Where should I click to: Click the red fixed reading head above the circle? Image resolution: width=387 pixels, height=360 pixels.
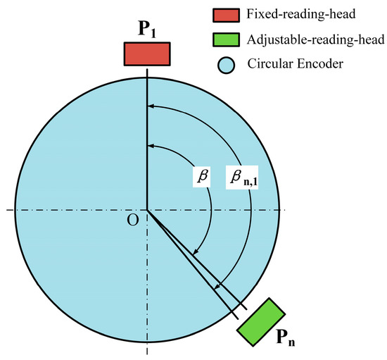tap(147, 54)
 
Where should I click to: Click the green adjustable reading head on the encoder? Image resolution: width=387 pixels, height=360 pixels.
tap(261, 321)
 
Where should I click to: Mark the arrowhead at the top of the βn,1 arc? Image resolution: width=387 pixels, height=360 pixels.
tap(152, 106)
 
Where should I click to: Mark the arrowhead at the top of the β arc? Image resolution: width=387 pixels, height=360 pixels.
tap(152, 146)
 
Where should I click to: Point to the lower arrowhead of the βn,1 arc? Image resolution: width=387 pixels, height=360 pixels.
tap(217, 287)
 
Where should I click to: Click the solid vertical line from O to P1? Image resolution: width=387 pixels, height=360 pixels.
tap(147, 141)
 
